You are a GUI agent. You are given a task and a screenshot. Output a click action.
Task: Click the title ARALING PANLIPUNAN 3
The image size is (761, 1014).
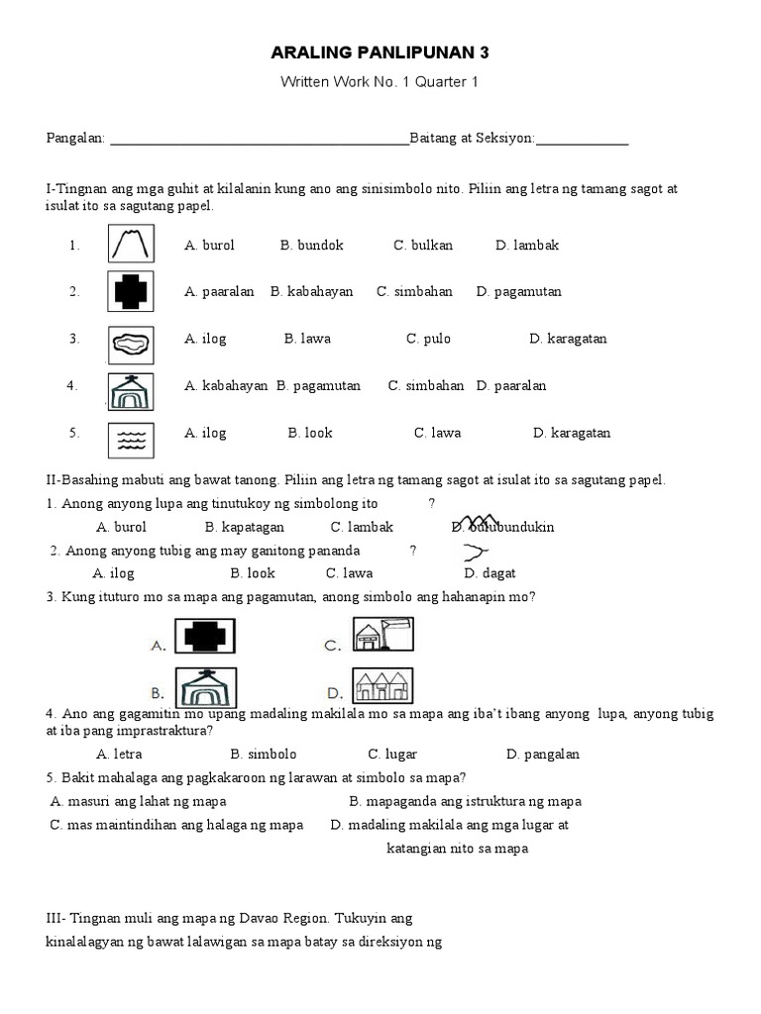[x=380, y=51]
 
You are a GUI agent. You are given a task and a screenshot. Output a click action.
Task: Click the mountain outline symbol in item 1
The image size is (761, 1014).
[x=131, y=245]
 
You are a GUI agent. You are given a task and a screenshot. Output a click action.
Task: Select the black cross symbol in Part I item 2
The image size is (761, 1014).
[x=131, y=291]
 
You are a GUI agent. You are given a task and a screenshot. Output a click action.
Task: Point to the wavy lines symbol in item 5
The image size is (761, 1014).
[x=131, y=434]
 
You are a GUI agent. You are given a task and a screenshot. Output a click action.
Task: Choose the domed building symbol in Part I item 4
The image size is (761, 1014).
[x=131, y=387]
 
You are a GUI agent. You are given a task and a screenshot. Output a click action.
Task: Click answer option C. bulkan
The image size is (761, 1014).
[x=423, y=246]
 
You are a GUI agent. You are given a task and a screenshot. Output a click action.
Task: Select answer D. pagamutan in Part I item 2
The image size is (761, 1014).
[x=518, y=292]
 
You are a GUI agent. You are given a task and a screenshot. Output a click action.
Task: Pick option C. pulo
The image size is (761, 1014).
[x=428, y=339]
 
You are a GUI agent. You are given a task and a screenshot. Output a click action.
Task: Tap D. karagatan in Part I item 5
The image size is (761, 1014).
[x=572, y=433]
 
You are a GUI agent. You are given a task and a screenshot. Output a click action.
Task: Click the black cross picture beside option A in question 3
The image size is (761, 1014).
[x=205, y=637]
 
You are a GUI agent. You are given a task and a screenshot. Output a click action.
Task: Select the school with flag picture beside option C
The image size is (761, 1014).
[x=382, y=635]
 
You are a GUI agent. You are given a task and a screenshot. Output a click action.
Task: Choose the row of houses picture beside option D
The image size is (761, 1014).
[x=382, y=685]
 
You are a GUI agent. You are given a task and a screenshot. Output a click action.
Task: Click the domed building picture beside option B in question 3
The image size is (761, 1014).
[x=206, y=686]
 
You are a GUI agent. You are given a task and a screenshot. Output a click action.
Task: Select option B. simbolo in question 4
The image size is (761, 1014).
[x=264, y=755]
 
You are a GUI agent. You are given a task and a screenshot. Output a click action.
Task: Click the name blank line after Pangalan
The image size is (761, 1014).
[x=259, y=142]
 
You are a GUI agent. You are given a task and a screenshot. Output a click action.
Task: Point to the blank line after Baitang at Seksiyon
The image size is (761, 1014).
[x=582, y=142]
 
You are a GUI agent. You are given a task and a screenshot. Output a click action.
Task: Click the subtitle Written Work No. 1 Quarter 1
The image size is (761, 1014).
[x=380, y=82]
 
